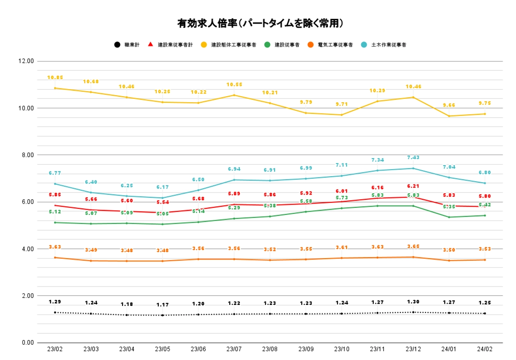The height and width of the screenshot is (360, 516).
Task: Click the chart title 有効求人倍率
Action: [260, 23]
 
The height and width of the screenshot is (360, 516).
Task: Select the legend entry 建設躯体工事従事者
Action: [233, 45]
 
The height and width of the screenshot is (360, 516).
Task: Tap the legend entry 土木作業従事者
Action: [389, 45]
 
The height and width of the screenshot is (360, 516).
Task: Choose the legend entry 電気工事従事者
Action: [335, 45]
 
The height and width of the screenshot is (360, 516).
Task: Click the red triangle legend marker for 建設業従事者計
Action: [150, 44]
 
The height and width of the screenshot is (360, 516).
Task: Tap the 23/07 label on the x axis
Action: [234, 349]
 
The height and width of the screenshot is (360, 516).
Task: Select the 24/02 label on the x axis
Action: [485, 349]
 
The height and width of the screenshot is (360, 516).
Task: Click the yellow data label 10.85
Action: [55, 78]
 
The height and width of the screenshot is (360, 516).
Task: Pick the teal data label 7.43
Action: [413, 158]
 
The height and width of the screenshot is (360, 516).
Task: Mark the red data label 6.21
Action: [413, 186]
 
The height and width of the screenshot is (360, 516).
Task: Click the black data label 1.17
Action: [163, 305]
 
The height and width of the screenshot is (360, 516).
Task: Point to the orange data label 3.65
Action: [413, 247]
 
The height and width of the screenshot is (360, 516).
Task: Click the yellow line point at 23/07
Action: [234, 95]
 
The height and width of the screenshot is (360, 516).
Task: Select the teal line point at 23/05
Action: [163, 198]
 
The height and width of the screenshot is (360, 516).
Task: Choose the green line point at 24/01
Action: [449, 217]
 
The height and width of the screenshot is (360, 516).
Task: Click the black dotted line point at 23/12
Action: [413, 312]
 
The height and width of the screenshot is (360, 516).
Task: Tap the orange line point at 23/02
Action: [55, 257]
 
